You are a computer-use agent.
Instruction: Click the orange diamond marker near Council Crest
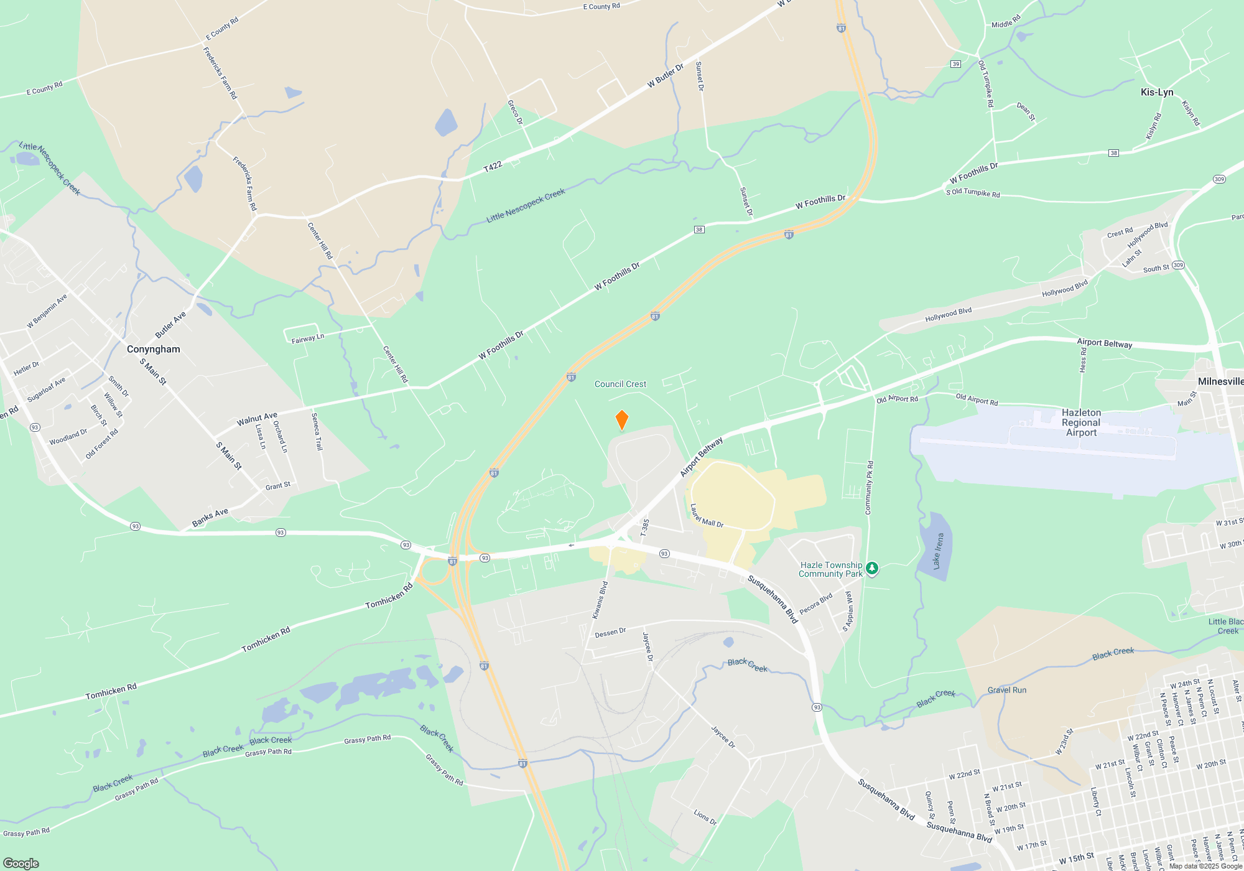[621, 420]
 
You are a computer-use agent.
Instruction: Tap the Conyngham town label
[153, 349]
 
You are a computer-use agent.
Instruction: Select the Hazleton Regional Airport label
[1081, 422]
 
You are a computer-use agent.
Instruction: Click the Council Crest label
[620, 384]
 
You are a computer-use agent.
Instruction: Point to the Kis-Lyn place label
[1156, 92]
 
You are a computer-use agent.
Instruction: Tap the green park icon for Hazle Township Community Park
[872, 567]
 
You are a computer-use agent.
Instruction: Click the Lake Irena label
[938, 551]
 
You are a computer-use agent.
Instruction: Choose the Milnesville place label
[1220, 381]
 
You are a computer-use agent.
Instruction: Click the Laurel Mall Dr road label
[707, 516]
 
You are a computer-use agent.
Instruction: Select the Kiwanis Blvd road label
[600, 600]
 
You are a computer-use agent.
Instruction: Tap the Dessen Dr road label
[610, 633]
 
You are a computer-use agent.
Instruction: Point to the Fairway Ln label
[308, 339]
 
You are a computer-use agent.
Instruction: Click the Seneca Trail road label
[317, 431]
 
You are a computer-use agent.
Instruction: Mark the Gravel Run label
[1006, 690]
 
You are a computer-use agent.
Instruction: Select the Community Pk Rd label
[869, 488]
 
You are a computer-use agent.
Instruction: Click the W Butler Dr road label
[665, 75]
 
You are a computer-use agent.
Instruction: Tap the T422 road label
[493, 166]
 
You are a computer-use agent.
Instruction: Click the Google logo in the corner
[21, 864]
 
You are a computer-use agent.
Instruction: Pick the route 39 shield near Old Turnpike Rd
[955, 64]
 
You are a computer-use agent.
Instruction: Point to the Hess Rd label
[1083, 360]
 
